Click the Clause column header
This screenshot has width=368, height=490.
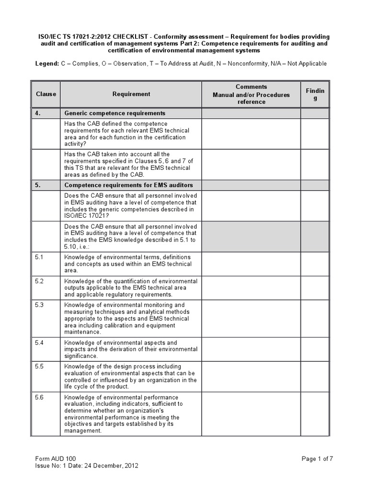[46, 94]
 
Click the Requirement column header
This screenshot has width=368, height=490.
[131, 94]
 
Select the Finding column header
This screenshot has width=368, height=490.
[315, 94]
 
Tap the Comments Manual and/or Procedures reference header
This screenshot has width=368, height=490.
[251, 94]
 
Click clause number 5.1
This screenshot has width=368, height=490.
[39, 257]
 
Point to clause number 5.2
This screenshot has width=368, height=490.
[39, 281]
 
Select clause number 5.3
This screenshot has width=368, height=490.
[39, 305]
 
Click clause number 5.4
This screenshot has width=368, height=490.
[39, 343]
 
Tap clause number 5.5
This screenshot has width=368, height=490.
[39, 367]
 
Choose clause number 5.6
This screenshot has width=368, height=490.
[39, 398]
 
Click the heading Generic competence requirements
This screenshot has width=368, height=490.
[115, 113]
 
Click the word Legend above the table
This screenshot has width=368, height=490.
[47, 64]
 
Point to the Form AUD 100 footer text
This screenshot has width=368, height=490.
[56, 459]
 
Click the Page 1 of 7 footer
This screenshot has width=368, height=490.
[317, 459]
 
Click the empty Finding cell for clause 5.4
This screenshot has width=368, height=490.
[315, 349]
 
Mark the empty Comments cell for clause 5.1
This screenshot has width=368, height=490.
[251, 264]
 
